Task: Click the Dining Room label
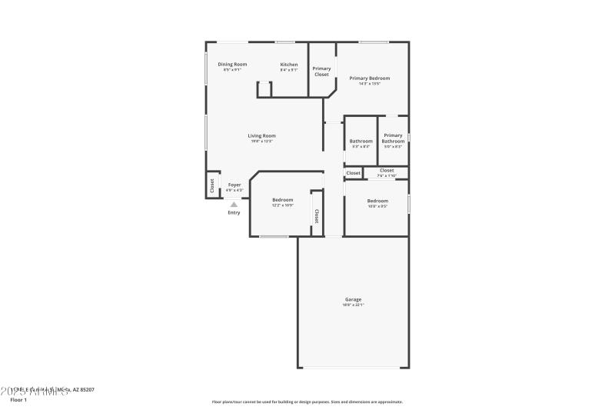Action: point(231,64)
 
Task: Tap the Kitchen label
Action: point(288,64)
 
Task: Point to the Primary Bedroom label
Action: point(369,78)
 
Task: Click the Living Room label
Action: point(261,135)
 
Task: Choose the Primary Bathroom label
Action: point(393,138)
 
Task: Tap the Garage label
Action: point(353,299)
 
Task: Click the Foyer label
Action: point(234,185)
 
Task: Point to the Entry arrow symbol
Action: point(234,204)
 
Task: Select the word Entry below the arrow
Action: point(234,212)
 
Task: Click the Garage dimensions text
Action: point(353,305)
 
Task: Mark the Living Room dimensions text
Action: point(261,142)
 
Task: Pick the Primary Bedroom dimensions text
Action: point(369,83)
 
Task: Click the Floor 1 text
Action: point(18,400)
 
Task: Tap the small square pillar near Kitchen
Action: point(264,89)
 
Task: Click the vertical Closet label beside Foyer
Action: point(212,185)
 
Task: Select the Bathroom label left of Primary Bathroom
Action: point(361,141)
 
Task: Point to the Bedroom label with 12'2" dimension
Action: point(282,199)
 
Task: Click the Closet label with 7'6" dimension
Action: point(387,170)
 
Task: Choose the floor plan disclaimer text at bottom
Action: point(307,401)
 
